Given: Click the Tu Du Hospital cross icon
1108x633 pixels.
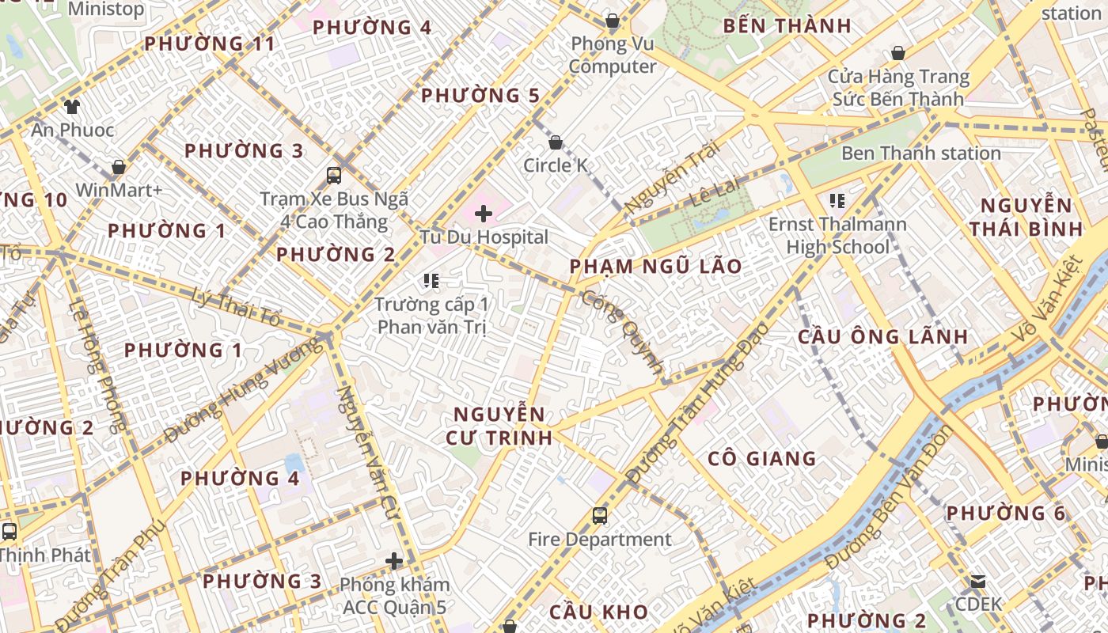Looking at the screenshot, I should (x=484, y=213).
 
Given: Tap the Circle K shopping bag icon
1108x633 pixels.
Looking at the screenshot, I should (x=556, y=142).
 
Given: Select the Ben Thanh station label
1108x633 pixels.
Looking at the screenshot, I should (x=920, y=154).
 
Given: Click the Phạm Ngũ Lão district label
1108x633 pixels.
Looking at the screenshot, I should (x=656, y=266).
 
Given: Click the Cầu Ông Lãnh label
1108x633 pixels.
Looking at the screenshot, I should (x=882, y=336).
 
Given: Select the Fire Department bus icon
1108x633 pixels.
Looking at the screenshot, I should (x=600, y=516).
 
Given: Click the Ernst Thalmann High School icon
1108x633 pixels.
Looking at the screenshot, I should (x=837, y=201).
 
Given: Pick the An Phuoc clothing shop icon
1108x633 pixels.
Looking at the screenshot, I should (x=72, y=106).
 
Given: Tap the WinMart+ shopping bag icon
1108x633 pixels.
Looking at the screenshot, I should (x=119, y=167).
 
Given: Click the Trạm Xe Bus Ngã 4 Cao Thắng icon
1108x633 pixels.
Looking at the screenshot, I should (x=334, y=176).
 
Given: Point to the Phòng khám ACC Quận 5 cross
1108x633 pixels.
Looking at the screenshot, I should (x=394, y=562).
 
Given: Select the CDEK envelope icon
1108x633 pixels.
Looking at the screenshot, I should (x=978, y=582).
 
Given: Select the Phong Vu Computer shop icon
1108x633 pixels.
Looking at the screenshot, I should (x=612, y=21).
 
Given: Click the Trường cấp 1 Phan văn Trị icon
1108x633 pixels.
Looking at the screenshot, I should (x=431, y=280).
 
